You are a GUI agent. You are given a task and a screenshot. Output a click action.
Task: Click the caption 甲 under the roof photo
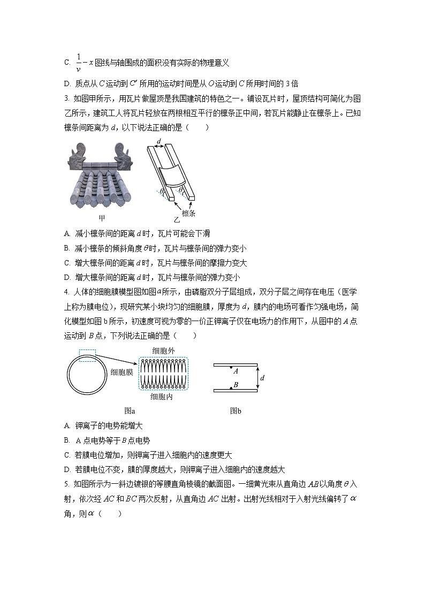(x=102, y=218)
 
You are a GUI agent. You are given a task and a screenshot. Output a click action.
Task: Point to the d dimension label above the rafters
(x=160, y=142)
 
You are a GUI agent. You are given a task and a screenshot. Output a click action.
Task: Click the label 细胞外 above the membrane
(x=163, y=350)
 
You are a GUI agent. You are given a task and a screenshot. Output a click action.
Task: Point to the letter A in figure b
(x=236, y=370)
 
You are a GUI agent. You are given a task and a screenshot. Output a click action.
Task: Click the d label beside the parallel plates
(x=262, y=378)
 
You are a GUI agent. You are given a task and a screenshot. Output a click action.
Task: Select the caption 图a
(x=130, y=411)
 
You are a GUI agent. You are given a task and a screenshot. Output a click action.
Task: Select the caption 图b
(x=236, y=411)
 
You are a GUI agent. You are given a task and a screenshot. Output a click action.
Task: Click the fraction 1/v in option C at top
(x=79, y=62)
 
